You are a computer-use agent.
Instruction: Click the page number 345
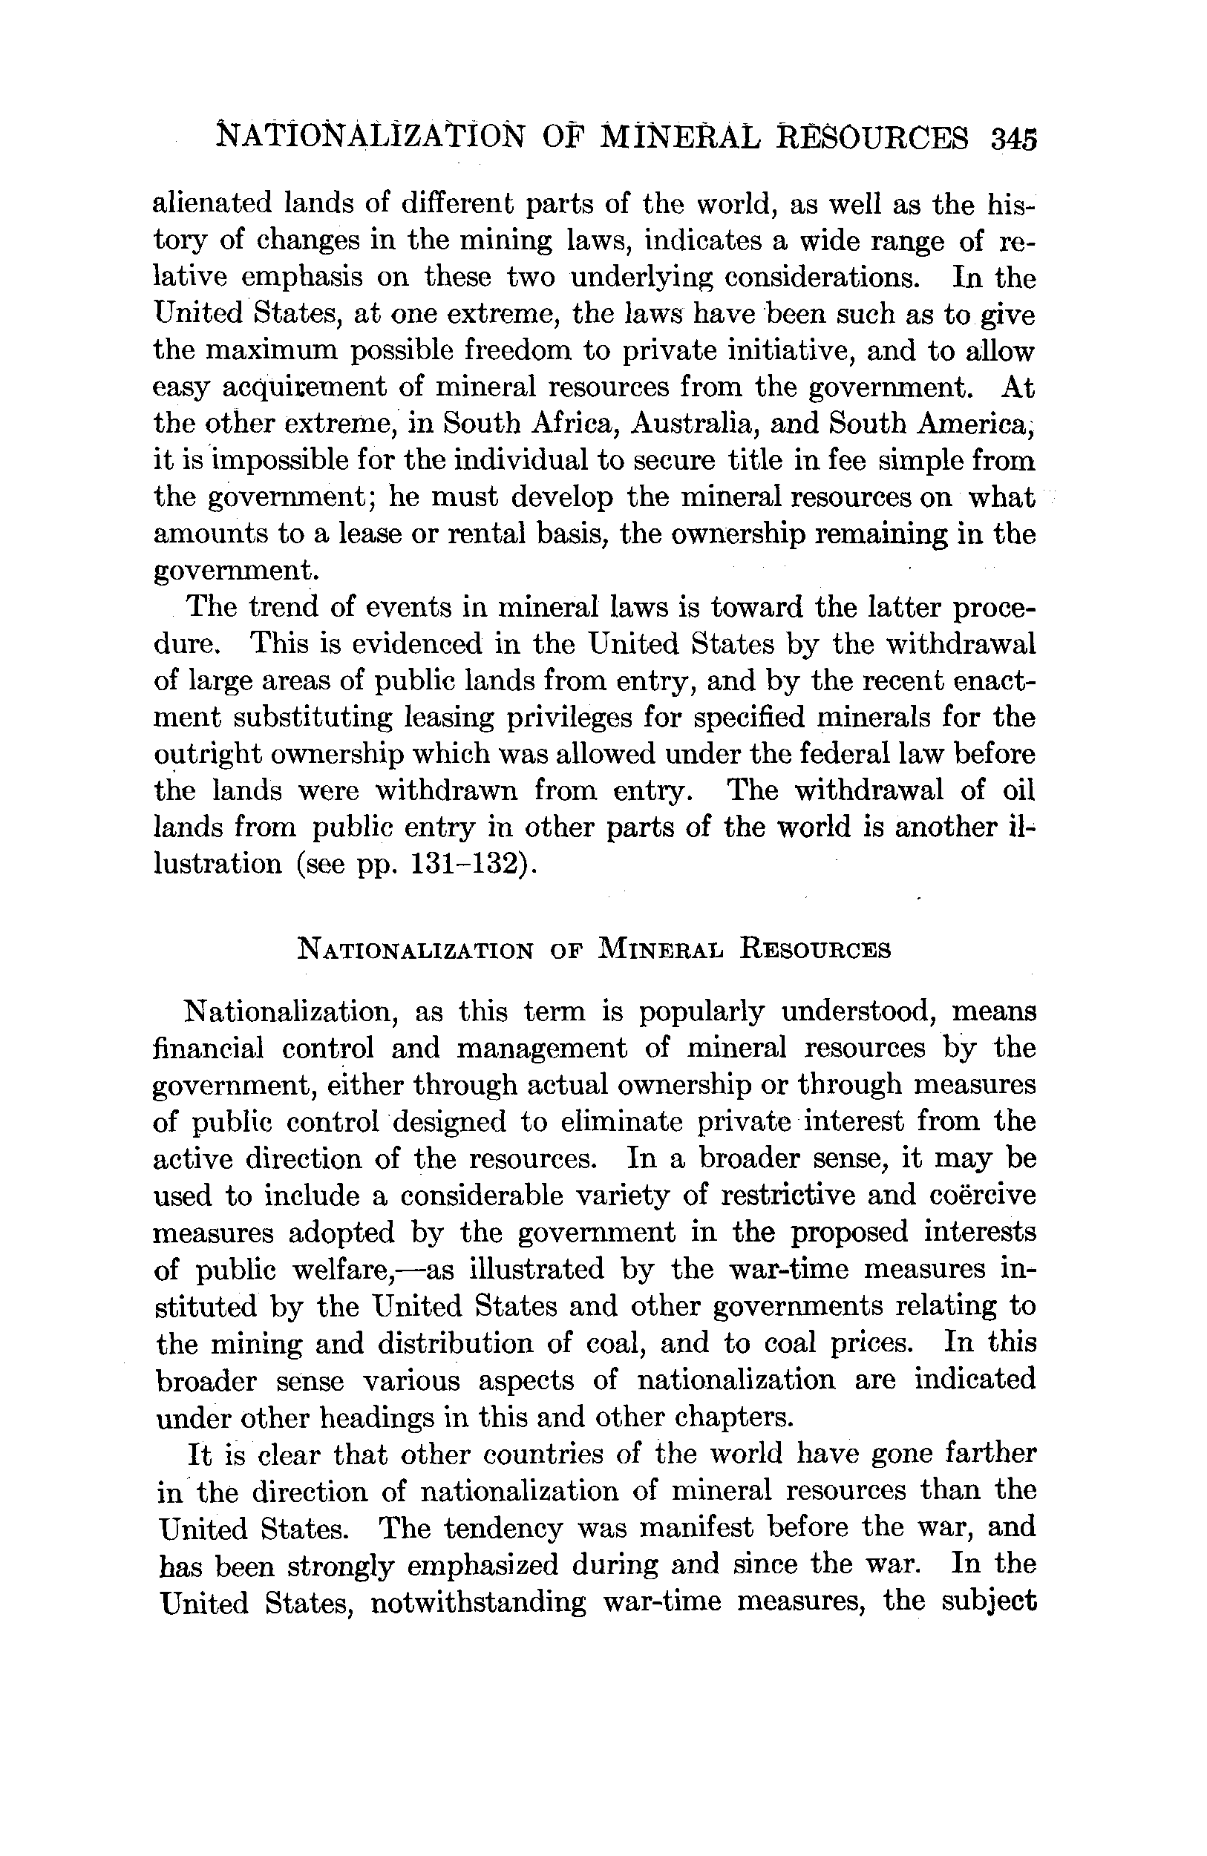pyautogui.click(x=1013, y=140)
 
